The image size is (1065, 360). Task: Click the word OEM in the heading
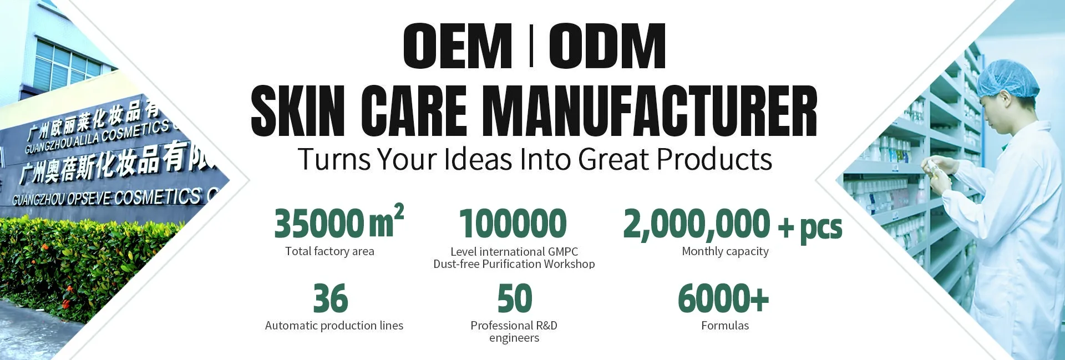[458, 46]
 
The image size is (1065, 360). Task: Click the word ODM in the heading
[608, 46]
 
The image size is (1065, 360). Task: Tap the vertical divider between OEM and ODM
[531, 46]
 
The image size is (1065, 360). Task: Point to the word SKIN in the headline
[298, 110]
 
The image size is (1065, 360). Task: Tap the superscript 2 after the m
[399, 212]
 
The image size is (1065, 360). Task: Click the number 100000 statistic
[513, 223]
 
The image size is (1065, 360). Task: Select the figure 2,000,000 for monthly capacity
[697, 224]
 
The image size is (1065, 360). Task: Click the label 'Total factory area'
[329, 251]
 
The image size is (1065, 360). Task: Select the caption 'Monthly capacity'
[725, 252]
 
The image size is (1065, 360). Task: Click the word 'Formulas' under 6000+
[725, 326]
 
